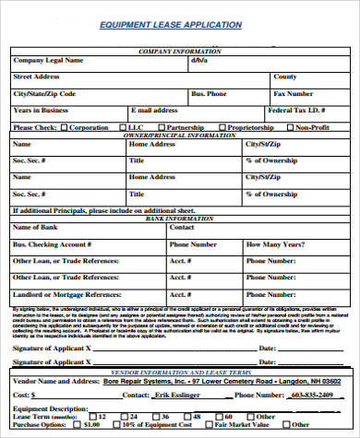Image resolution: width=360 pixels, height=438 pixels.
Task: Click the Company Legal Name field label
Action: [48, 60]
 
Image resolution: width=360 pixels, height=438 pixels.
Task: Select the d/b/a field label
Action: [200, 60]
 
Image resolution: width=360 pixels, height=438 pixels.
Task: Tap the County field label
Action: [285, 77]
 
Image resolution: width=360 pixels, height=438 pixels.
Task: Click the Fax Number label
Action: [294, 93]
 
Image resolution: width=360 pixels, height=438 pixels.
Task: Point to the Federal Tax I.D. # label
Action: [298, 110]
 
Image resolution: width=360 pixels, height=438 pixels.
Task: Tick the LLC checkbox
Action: [124, 127]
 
